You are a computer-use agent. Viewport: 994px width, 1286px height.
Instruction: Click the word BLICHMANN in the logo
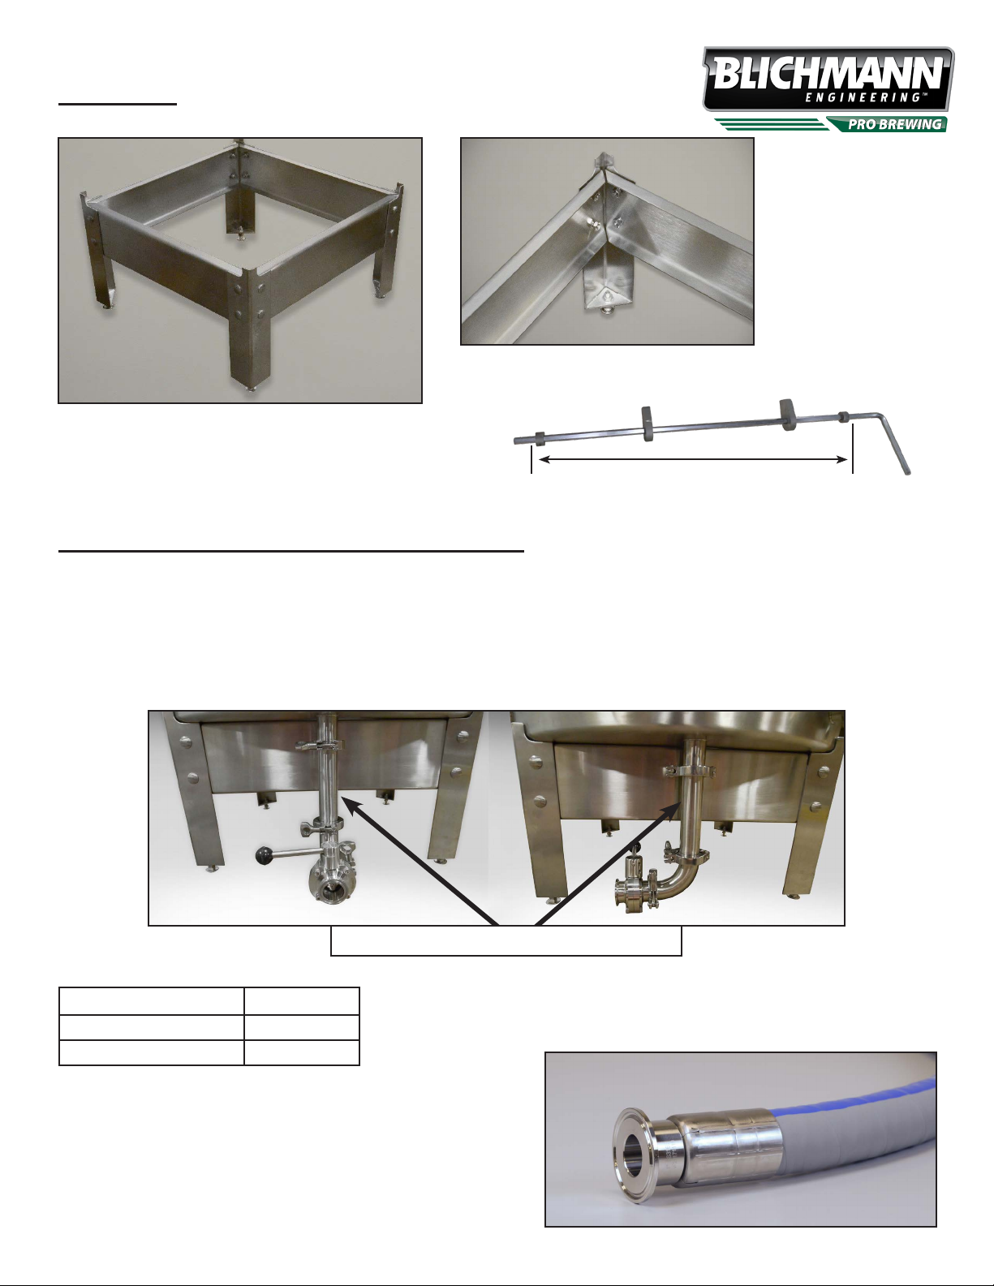coord(828,72)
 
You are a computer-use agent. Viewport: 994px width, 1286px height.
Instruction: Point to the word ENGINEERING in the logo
coord(864,97)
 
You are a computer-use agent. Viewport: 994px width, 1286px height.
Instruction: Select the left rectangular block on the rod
coord(647,424)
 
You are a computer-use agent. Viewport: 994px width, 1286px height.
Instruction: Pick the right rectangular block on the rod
coord(788,415)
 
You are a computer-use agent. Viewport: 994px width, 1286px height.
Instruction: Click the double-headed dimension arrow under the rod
coord(692,459)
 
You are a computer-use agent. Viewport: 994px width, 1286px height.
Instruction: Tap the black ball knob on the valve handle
coord(262,854)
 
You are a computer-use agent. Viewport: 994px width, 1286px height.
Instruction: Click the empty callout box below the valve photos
coord(506,940)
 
